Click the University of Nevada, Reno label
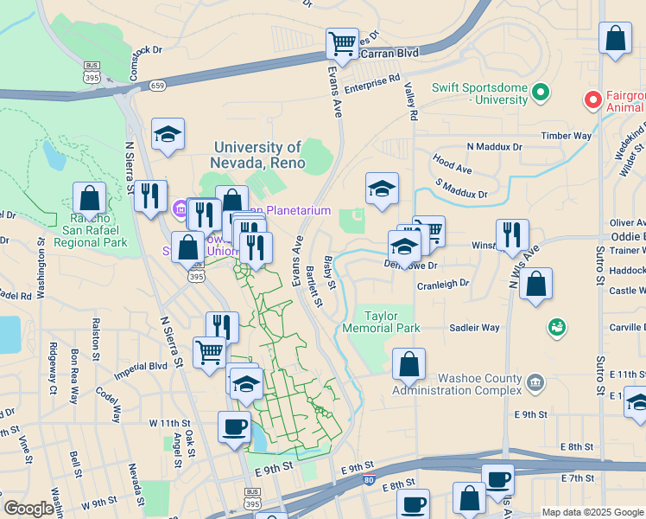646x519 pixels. click(x=256, y=155)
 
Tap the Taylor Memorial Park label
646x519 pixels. click(x=381, y=322)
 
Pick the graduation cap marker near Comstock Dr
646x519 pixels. click(x=168, y=134)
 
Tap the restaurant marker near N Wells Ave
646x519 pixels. click(x=512, y=234)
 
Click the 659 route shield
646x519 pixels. click(x=157, y=85)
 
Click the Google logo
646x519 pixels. click(x=28, y=509)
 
